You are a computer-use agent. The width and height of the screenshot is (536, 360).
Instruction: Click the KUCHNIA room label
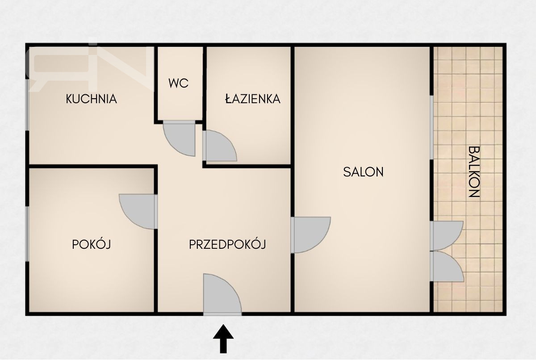(x=92, y=99)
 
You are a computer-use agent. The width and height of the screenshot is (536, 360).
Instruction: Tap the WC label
(x=178, y=83)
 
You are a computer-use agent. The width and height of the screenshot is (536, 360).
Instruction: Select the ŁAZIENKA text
(x=253, y=99)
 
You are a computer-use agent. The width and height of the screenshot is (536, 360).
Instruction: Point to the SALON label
(x=363, y=172)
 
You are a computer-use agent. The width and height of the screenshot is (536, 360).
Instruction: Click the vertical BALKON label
(x=474, y=172)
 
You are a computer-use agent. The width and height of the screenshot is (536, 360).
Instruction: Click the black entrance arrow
(x=223, y=339)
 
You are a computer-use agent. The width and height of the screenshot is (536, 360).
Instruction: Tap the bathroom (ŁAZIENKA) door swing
(x=220, y=146)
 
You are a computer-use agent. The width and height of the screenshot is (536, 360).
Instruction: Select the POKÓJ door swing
(x=139, y=212)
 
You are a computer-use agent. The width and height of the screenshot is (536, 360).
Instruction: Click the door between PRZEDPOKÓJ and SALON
(x=310, y=234)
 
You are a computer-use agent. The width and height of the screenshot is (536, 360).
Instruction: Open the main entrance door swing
(x=222, y=295)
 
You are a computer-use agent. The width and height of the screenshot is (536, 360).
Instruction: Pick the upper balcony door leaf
(x=447, y=236)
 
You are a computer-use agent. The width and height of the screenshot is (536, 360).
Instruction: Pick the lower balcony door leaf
(x=447, y=266)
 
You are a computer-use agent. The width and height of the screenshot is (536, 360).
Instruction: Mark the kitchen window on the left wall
(x=27, y=105)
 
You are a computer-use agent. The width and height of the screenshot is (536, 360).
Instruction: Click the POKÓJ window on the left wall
(x=27, y=234)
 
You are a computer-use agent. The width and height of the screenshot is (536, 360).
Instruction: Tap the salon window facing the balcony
(x=431, y=127)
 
